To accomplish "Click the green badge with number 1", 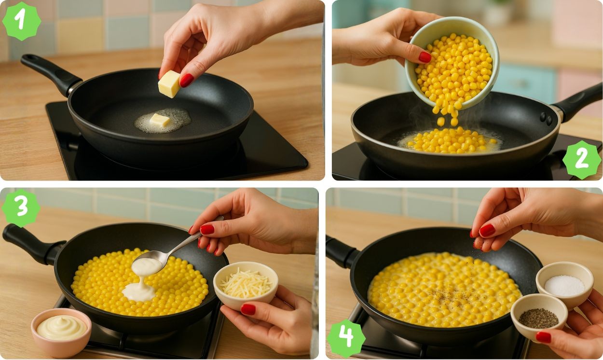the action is point(22,21).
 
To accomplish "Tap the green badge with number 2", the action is point(582,160).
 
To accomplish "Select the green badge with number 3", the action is point(21,208).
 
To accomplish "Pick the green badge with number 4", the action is point(346,338).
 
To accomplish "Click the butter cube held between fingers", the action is point(169,84).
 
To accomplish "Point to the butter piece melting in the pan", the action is point(159,120).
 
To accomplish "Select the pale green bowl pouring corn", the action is point(452,63).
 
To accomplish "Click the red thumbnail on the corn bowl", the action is point(425,57).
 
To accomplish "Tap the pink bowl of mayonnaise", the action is point(61,332).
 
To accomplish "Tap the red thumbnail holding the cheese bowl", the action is point(248,309).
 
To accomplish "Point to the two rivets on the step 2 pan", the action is point(546,118).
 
